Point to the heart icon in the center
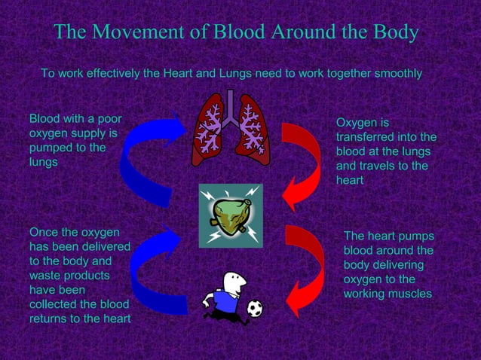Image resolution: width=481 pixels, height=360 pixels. coord(230,215)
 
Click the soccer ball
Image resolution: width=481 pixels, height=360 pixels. coord(255,308)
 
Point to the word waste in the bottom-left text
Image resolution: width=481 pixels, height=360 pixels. coord(47,276)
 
